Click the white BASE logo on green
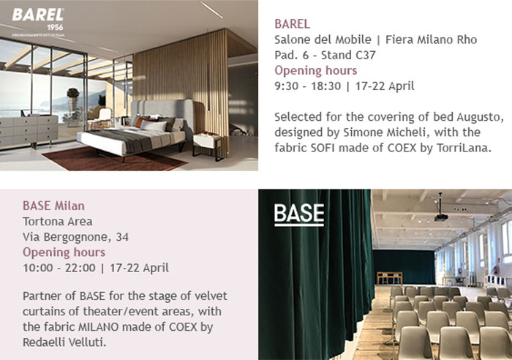click(298, 214)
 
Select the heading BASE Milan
click(53, 206)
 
